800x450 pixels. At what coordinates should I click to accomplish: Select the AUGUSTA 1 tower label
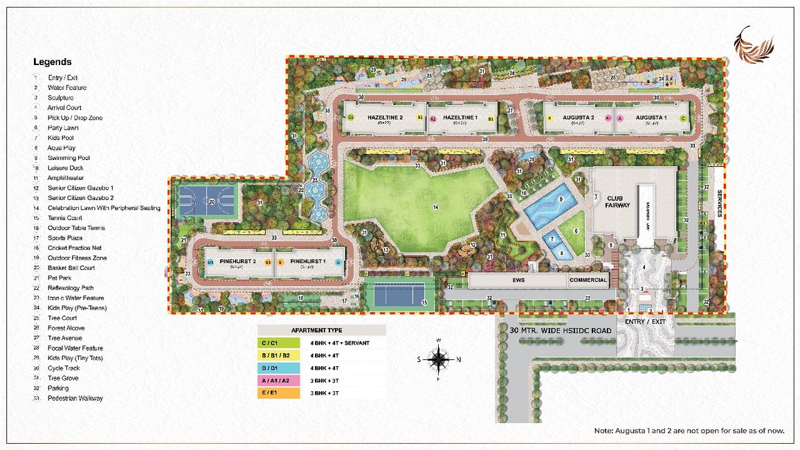pyautogui.click(x=651, y=118)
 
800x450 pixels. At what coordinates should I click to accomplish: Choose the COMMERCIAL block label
pyautogui.click(x=588, y=280)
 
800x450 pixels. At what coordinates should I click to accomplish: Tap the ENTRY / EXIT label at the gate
pyautogui.click(x=644, y=321)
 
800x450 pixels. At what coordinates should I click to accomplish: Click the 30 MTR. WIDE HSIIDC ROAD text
pyautogui.click(x=561, y=331)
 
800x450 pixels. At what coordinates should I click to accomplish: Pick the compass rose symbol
pyautogui.click(x=438, y=359)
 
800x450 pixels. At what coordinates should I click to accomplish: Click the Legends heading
pyautogui.click(x=53, y=62)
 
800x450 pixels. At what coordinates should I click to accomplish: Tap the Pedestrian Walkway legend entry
pyautogui.click(x=75, y=398)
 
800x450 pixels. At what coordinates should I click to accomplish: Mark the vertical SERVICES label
pyautogui.click(x=719, y=204)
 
